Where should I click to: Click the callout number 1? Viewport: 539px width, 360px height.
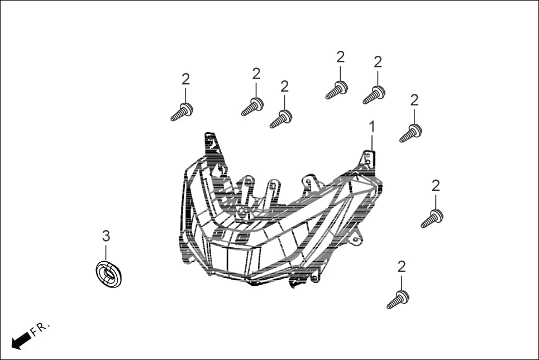371,127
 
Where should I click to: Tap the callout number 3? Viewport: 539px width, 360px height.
106,236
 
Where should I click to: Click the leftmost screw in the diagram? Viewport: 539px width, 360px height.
182,111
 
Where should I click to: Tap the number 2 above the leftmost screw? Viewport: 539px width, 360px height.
185,79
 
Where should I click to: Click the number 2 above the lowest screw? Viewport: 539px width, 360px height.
401,267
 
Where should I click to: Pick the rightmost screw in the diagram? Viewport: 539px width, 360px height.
432,218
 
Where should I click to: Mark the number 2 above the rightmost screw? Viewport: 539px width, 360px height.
436,186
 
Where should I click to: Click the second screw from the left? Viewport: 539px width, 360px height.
252,106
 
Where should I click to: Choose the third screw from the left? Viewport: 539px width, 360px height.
281,119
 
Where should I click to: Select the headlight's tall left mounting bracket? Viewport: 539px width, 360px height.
212,146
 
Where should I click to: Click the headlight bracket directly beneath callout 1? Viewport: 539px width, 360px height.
368,159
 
